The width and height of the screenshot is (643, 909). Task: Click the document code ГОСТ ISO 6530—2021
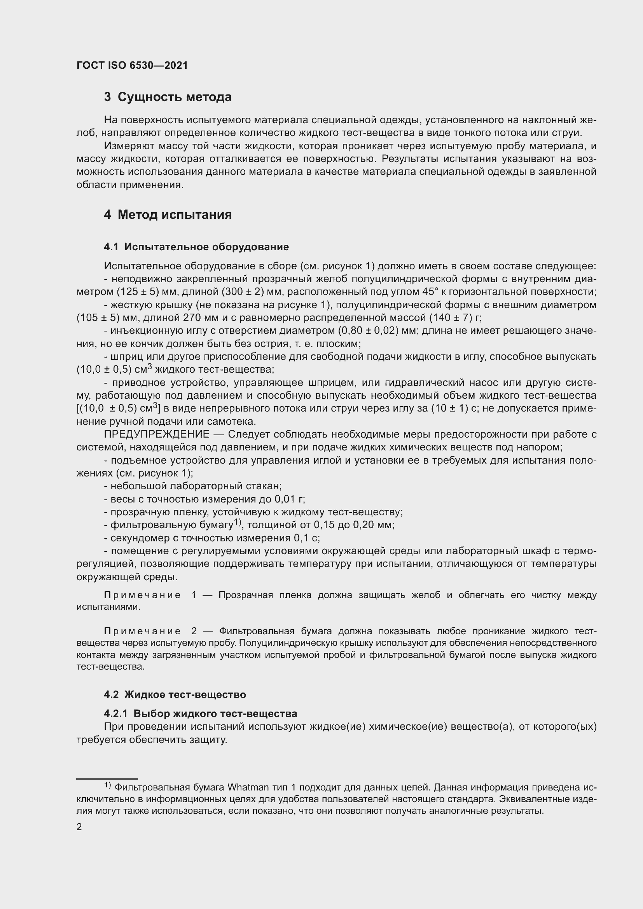(x=132, y=65)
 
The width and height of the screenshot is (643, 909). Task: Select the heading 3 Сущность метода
(x=168, y=97)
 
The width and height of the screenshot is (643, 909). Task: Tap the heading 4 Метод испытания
(x=168, y=215)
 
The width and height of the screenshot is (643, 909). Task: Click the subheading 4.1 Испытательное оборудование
(x=196, y=247)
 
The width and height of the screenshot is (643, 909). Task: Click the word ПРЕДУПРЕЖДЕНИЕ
(x=156, y=434)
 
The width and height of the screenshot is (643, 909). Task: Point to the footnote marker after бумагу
(x=238, y=522)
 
